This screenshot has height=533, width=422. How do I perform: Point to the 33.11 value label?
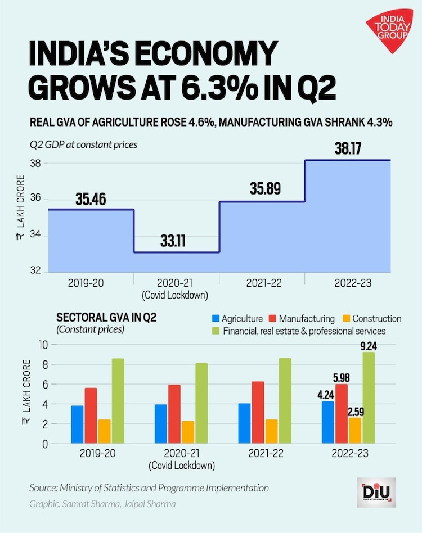pos(176,242)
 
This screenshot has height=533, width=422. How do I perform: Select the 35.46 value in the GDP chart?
pos(90,199)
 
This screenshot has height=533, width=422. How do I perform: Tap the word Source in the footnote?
pos(43,488)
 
